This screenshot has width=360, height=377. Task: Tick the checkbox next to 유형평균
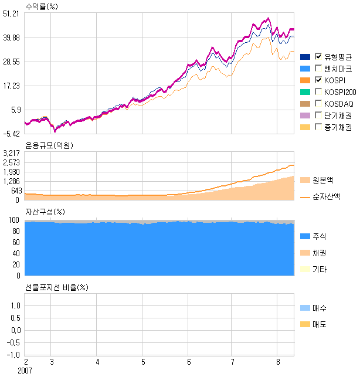(x=318, y=56)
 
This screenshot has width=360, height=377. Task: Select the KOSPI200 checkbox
(x=318, y=91)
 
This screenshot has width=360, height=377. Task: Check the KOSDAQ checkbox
(x=318, y=103)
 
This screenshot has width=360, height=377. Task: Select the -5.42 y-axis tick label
(x=11, y=134)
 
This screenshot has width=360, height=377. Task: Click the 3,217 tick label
(x=11, y=153)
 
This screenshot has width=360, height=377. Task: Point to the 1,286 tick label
(x=11, y=181)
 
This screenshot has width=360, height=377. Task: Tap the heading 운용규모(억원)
(x=50, y=145)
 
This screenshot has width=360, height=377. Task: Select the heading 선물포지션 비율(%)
(x=56, y=287)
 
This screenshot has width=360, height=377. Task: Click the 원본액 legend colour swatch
(x=304, y=179)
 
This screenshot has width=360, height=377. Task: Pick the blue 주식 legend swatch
(x=304, y=236)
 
